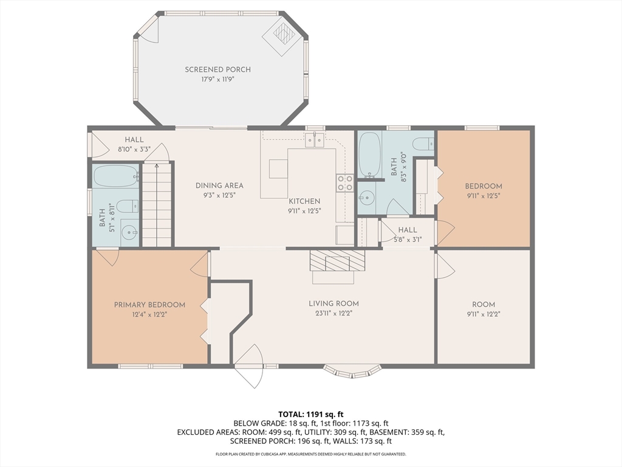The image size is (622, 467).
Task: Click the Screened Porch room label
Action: [x=218, y=69]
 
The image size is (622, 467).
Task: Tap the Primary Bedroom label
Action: [x=149, y=305]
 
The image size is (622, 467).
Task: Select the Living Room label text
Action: [x=333, y=304]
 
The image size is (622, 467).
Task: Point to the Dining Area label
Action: [x=219, y=185]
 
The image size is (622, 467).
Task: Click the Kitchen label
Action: [x=304, y=201]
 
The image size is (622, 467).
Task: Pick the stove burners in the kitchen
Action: [x=345, y=183]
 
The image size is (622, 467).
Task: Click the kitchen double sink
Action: [x=315, y=140]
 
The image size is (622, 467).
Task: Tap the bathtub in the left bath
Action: [x=116, y=176]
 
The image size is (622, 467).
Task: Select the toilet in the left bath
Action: [x=128, y=206]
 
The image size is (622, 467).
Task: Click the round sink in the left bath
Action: [x=129, y=232]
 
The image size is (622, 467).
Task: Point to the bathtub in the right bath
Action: [x=370, y=155]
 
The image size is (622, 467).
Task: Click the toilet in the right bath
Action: [x=423, y=144]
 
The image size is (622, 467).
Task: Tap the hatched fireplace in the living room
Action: [x=337, y=260]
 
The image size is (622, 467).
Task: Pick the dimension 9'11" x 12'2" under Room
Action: [x=484, y=314]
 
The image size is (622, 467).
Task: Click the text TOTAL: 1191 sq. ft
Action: [x=310, y=415]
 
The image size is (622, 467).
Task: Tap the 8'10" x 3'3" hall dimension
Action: [x=134, y=150]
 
